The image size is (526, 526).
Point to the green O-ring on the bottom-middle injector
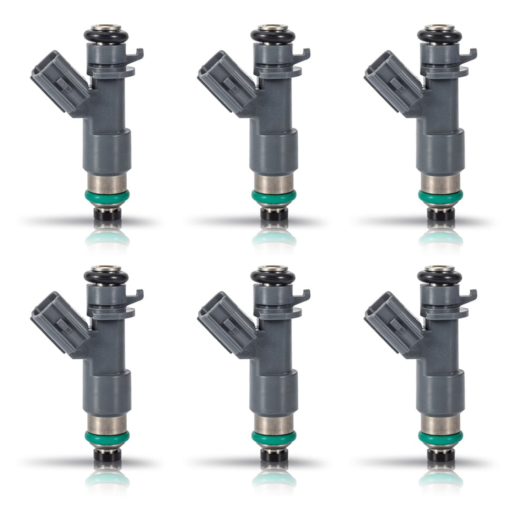pyautogui.click(x=274, y=438)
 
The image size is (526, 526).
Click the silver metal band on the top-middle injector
pyautogui.click(x=274, y=183)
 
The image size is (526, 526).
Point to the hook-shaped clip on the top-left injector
pyautogui.click(x=136, y=55)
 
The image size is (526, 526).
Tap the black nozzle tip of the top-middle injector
pyautogui.click(x=274, y=214)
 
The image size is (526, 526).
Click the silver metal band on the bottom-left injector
pyautogui.click(x=107, y=423)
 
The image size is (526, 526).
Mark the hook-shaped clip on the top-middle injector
pyautogui.click(x=303, y=55)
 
